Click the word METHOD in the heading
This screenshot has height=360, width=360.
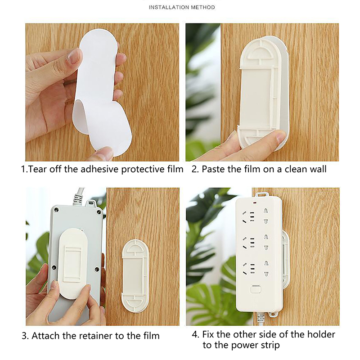(203, 7)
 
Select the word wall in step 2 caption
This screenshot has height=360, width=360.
(318, 169)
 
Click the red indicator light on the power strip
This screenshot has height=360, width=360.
(255, 203)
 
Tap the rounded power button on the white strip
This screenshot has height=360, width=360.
(256, 289)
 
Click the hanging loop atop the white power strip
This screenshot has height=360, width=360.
(262, 195)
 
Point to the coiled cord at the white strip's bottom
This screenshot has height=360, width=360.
(260, 318)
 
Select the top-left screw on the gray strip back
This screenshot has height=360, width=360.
(56, 210)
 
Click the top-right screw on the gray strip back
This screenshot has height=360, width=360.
(99, 212)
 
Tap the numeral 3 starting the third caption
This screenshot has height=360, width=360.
(24, 336)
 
